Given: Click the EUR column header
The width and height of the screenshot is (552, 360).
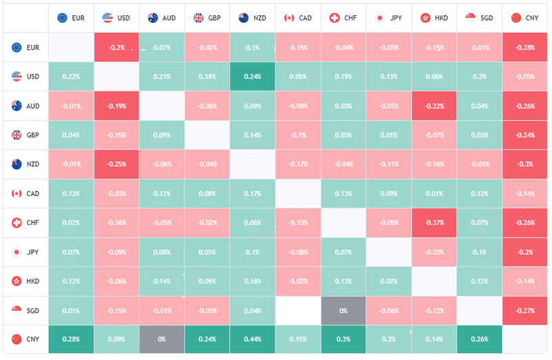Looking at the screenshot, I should (x=71, y=17).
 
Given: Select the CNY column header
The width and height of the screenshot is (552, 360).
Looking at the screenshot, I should (x=525, y=17).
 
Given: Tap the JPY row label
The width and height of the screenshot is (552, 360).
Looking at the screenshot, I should (x=26, y=252).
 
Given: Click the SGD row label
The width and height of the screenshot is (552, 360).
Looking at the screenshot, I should (x=26, y=310).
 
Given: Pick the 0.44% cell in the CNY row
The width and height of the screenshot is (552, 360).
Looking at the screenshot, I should (x=252, y=339).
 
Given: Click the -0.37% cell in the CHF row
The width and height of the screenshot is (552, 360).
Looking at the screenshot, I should (x=434, y=223).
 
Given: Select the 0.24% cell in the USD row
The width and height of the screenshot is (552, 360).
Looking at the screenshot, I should (x=252, y=77).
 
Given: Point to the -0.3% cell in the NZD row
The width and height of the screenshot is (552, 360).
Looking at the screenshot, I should (x=525, y=164).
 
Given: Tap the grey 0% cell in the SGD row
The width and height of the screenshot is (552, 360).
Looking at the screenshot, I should (x=343, y=310).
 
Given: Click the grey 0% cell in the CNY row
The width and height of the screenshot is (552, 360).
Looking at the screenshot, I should (x=161, y=339).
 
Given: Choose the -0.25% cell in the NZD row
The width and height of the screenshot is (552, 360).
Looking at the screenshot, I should (x=116, y=164).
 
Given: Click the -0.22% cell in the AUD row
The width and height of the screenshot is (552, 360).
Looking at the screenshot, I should (x=434, y=106).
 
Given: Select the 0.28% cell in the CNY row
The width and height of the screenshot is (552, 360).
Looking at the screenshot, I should (x=71, y=339).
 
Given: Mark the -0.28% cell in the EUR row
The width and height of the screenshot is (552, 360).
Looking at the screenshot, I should (x=525, y=47).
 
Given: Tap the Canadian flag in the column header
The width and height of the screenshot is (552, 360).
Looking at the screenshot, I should (x=289, y=17).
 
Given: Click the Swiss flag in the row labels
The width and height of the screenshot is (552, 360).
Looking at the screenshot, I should (x=16, y=223).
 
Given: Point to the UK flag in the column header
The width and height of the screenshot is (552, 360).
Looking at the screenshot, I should (x=199, y=17).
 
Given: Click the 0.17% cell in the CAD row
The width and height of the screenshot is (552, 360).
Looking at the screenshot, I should (x=252, y=194).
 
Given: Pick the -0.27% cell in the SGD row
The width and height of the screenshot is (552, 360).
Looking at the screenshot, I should (x=525, y=310).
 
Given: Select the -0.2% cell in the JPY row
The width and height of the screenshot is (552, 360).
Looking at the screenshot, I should (x=525, y=252).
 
